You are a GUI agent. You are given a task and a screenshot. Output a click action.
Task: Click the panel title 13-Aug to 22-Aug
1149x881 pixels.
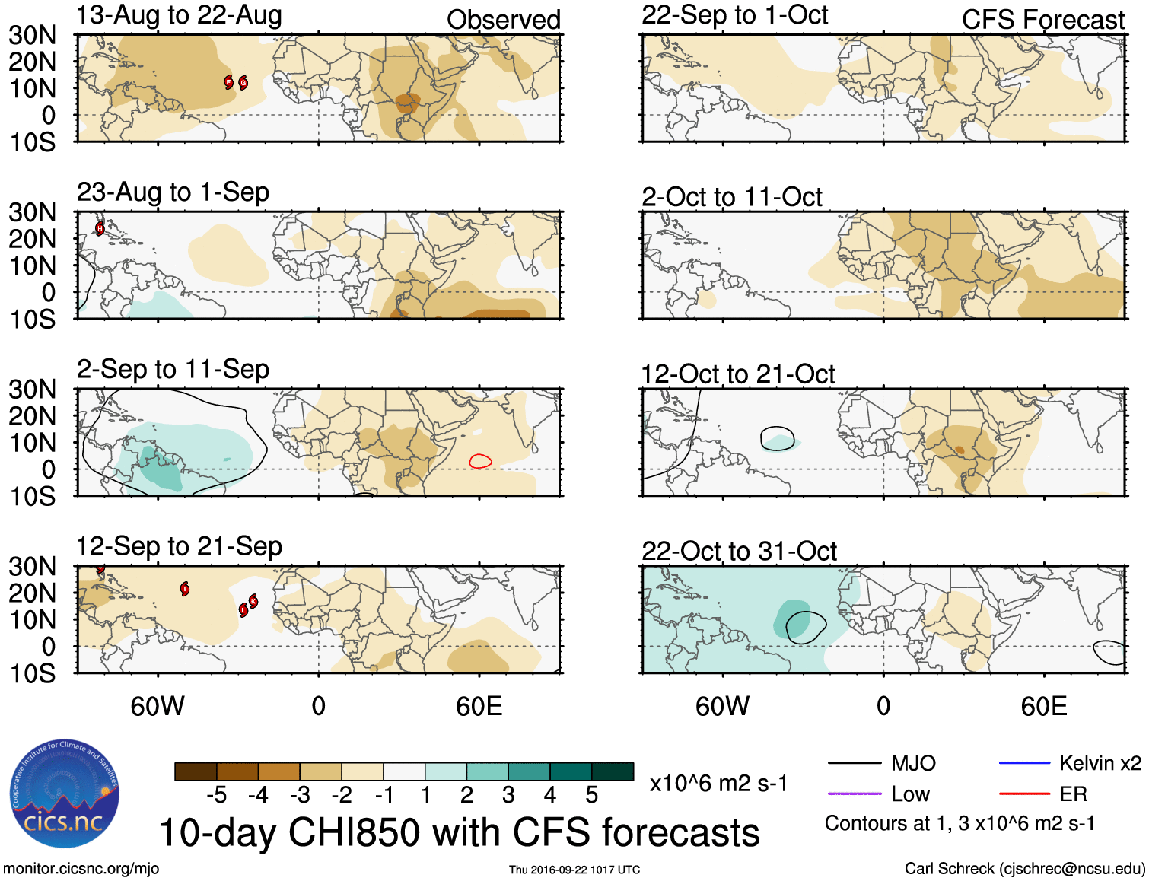(179, 15)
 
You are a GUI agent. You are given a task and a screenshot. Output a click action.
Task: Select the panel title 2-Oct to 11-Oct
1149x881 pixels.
(731, 197)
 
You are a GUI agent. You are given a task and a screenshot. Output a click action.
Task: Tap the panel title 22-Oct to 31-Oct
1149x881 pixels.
(739, 551)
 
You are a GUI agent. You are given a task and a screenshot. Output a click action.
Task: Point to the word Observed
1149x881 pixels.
(503, 20)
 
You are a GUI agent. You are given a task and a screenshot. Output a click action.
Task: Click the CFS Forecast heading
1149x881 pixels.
(1042, 20)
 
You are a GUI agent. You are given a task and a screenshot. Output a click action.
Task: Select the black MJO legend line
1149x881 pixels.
(854, 763)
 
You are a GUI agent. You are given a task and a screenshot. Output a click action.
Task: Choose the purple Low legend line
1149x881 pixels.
(854, 794)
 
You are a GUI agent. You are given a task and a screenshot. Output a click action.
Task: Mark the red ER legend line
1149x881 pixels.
(1024, 794)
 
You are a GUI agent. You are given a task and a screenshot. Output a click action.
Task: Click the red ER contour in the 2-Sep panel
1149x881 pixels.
(480, 460)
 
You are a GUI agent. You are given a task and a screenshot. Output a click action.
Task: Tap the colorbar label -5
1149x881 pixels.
(216, 795)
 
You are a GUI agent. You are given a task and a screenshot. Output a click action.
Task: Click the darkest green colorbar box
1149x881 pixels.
(613, 771)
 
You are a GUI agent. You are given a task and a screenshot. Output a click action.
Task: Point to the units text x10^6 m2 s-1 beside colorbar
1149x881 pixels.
(718, 783)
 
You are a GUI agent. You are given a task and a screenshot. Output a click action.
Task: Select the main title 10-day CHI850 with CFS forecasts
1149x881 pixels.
(459, 832)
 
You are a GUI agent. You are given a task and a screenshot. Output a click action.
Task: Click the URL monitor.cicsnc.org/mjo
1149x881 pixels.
(81, 869)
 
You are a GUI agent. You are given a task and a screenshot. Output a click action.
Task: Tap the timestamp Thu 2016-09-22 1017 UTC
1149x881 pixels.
(574, 870)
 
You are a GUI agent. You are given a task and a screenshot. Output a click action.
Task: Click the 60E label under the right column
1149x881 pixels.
(1043, 706)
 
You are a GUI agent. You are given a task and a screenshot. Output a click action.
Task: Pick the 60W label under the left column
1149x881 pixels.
(158, 706)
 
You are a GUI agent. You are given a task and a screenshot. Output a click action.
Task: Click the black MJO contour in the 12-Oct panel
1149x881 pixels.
(778, 428)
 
